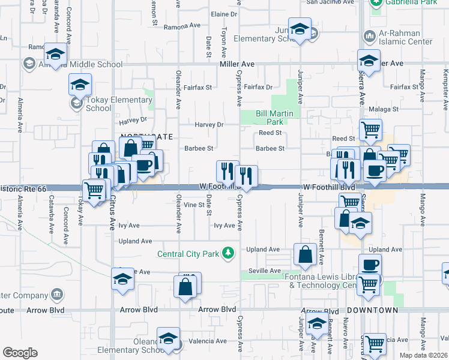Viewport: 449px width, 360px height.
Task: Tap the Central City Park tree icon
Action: click(x=228, y=253)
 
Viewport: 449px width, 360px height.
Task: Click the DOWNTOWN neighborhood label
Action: click(x=372, y=310)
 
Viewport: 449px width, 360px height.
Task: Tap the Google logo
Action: click(x=20, y=353)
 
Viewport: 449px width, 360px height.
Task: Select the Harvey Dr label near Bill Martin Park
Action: click(x=209, y=125)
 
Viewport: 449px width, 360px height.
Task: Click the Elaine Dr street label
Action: click(x=224, y=14)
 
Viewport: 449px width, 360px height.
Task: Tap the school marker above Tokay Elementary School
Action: click(x=80, y=85)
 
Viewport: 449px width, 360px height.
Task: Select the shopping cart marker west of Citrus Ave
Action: click(x=94, y=191)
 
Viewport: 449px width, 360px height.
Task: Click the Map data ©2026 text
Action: click(x=424, y=355)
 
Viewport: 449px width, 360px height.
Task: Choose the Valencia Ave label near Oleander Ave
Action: click(x=208, y=341)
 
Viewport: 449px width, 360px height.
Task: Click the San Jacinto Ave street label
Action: click(x=330, y=2)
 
